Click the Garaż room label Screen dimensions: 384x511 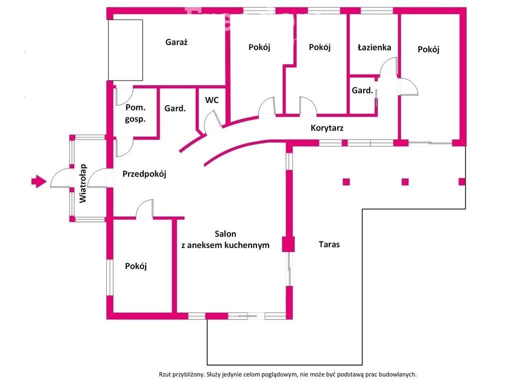[176, 42]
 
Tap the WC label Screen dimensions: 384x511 [212, 100]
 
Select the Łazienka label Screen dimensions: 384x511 [374, 47]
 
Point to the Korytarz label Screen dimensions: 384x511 [327, 128]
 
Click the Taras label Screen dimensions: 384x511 [329, 244]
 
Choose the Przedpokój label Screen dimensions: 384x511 [144, 174]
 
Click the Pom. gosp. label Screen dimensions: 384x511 [135, 113]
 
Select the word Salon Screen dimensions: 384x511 [226, 234]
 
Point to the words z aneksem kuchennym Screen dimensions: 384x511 [225, 245]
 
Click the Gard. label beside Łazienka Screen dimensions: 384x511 [362, 90]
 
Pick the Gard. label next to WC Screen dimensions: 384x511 [175, 108]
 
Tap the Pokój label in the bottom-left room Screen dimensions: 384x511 [136, 266]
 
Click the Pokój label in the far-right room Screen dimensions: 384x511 [429, 49]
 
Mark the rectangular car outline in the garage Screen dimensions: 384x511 [126, 50]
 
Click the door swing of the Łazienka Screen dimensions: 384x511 [388, 67]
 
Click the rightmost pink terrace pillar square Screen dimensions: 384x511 [462, 181]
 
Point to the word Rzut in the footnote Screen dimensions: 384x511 [167, 374]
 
